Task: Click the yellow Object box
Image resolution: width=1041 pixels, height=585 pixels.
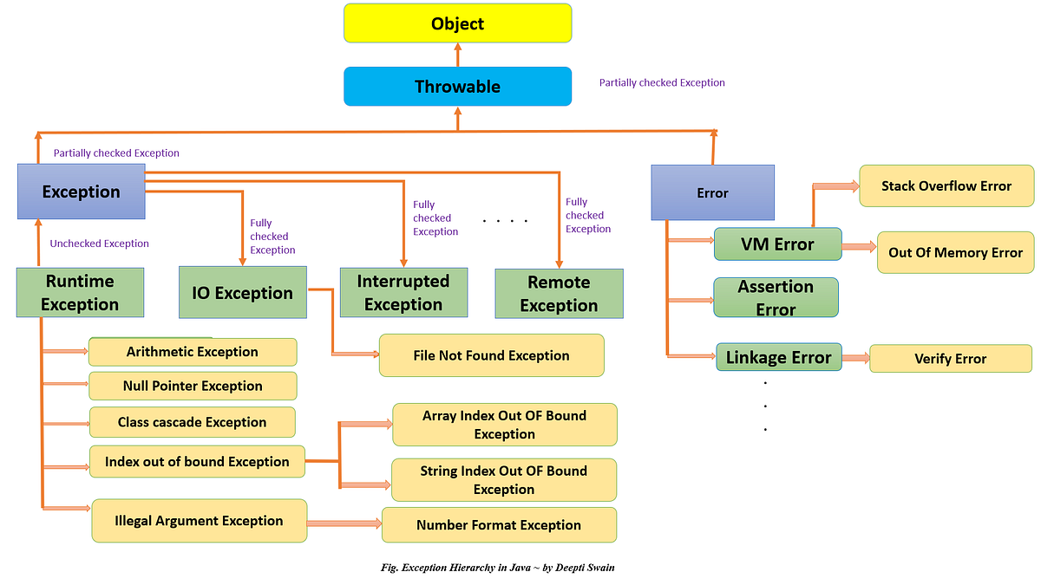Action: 457,23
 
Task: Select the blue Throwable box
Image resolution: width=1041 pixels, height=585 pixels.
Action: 457,87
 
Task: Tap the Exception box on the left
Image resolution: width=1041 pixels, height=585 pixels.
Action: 81,192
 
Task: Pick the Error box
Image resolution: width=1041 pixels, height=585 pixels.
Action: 712,192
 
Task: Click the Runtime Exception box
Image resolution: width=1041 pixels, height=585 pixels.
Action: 80,293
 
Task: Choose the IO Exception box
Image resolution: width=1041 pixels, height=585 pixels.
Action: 242,293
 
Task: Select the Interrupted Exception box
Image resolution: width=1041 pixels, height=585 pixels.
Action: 403,293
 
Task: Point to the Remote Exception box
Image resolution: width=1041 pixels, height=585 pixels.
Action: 559,294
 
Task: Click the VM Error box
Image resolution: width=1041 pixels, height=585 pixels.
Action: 777,244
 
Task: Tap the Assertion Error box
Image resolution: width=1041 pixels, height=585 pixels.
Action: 776,297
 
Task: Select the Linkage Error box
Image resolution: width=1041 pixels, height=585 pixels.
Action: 779,357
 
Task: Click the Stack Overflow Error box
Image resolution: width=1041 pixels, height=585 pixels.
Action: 946,185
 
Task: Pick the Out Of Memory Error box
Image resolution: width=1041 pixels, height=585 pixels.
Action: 955,252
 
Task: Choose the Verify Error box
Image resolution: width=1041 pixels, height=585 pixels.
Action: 950,359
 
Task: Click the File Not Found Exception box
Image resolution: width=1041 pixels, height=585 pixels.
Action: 491,355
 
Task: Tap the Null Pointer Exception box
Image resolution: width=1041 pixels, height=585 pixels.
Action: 193,386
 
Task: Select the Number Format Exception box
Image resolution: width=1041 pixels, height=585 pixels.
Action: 499,525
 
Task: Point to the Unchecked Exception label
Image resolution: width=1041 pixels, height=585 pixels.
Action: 100,244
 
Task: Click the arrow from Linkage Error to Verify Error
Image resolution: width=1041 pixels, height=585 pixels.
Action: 855,358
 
